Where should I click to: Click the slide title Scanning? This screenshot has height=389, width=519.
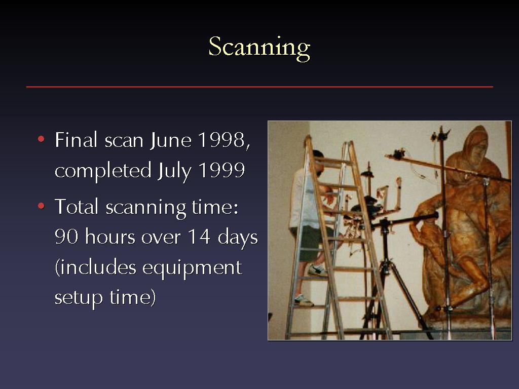[x=259, y=48]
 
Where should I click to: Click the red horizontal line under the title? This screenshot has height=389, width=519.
[x=259, y=87]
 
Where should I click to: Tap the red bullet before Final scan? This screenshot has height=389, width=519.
[x=41, y=139]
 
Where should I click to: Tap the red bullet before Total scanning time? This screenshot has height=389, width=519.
[x=41, y=206]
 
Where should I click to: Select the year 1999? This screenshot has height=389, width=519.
[x=221, y=170]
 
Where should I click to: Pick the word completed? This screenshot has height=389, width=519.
[x=103, y=170]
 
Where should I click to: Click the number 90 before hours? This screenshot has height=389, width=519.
[x=66, y=237]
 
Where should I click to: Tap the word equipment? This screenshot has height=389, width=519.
[x=192, y=268]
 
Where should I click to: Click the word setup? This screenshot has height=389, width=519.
[x=79, y=298]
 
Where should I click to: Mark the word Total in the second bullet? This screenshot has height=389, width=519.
[x=77, y=207]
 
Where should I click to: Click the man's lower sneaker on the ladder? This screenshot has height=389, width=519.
[x=304, y=300]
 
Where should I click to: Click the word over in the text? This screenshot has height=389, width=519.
[x=161, y=237]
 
